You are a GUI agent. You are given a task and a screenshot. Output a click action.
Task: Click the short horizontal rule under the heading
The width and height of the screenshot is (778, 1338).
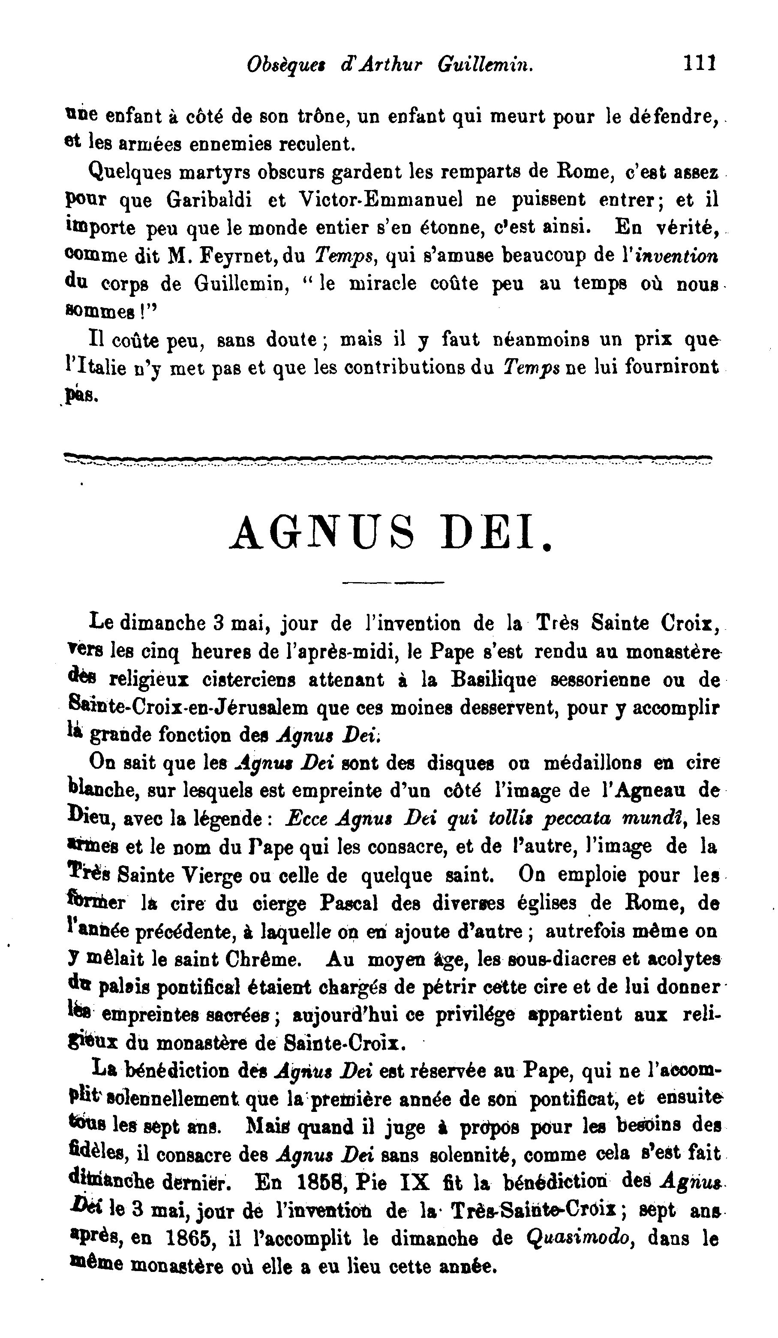tap(393, 583)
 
